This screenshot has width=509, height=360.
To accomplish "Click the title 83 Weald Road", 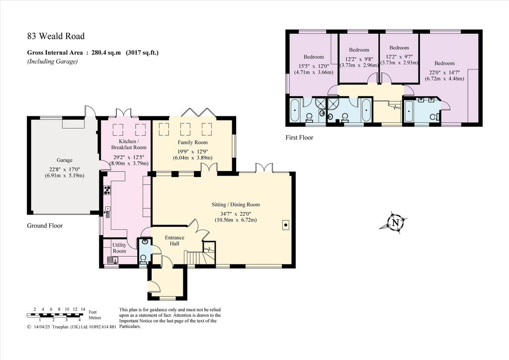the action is click(56, 36).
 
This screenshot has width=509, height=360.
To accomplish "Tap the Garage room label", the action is click(64, 160).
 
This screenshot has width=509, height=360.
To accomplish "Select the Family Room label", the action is click(192, 142).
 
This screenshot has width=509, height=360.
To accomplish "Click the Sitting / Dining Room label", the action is click(236, 204).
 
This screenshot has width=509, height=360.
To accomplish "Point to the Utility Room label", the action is click(119, 248).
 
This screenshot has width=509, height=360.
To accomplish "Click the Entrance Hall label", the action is click(174, 241).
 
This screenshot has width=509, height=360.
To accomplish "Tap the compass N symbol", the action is click(395, 223).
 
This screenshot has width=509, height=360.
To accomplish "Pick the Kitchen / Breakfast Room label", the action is click(129, 145).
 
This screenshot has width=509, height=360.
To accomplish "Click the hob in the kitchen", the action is click(107, 190).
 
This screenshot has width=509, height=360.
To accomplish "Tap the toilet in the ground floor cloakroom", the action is click(143, 259).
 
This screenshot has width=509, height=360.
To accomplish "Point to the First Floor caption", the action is click(299, 137).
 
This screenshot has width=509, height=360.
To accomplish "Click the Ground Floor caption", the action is click(45, 226).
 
